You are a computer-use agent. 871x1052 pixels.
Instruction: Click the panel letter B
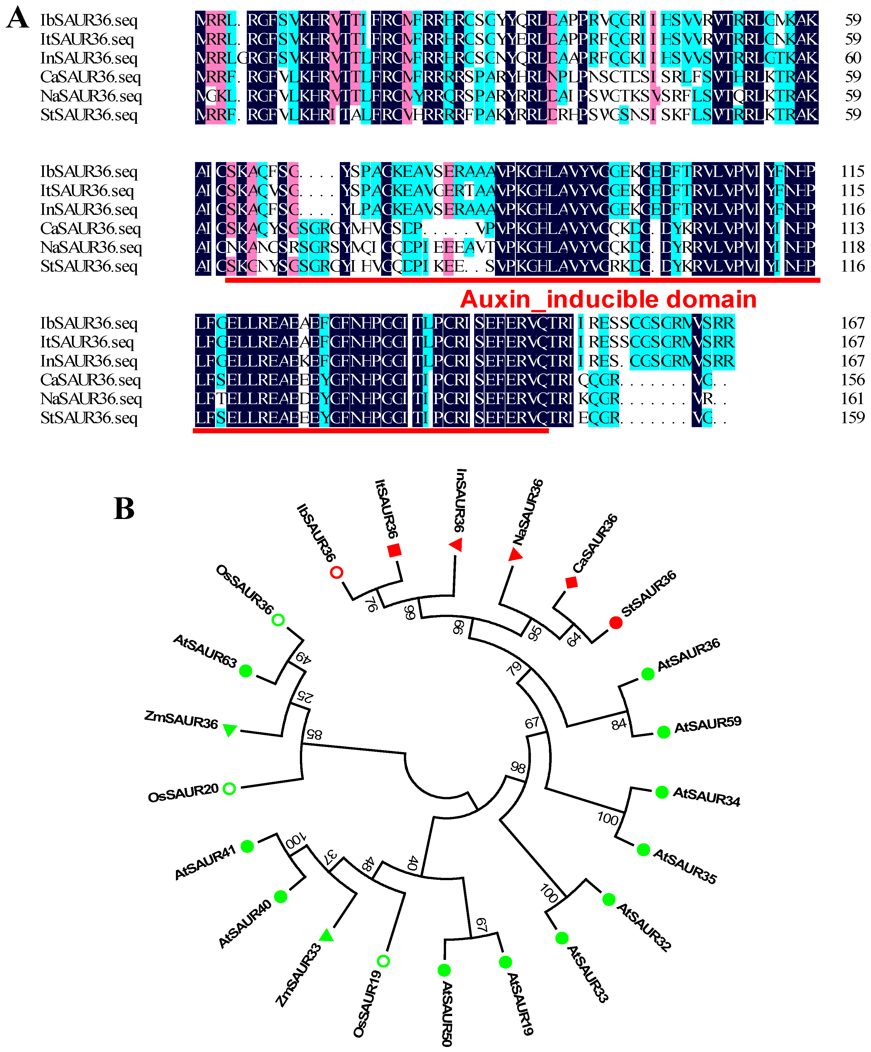click(124, 509)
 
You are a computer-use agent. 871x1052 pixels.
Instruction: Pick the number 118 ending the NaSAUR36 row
click(852, 247)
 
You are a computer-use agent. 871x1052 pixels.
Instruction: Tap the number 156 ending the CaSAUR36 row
click(852, 380)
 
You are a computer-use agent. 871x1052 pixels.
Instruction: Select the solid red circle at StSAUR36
click(616, 623)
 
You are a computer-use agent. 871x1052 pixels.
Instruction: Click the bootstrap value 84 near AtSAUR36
click(619, 724)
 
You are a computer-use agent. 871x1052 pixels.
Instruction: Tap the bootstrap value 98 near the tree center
click(518, 768)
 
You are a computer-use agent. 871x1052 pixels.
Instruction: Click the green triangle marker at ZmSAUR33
click(326, 935)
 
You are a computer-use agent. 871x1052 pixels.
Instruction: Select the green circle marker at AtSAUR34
click(662, 792)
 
